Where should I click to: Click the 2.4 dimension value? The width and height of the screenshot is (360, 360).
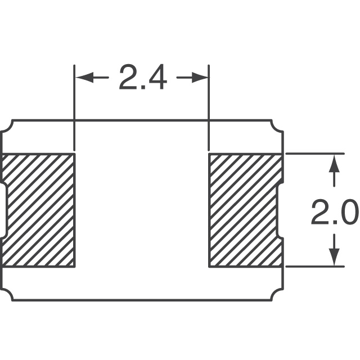(143, 78)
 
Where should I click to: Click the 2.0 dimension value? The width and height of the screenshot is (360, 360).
(335, 212)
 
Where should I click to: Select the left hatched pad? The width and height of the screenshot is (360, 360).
(38, 210)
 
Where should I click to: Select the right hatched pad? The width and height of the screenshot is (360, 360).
(246, 210)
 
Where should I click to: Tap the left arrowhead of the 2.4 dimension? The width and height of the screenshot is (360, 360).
(84, 78)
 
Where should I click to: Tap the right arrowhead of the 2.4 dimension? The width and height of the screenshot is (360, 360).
(200, 78)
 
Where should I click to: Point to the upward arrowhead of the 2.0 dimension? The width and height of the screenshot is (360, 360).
(334, 163)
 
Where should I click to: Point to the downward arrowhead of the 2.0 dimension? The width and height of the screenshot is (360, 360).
(334, 257)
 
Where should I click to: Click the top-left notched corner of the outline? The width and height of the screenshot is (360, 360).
(7, 126)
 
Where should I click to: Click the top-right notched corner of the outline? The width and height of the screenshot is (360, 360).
(277, 126)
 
